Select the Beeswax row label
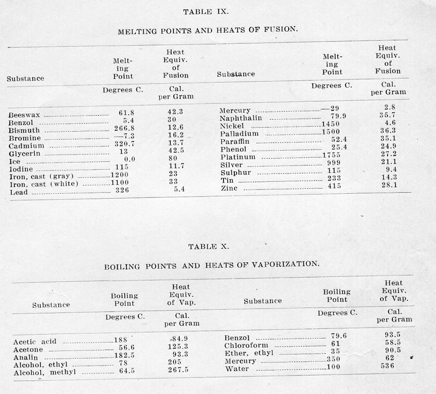coord(25,115)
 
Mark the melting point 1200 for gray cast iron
coord(122,176)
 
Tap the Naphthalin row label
coord(241,118)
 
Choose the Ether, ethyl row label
coord(247,353)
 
